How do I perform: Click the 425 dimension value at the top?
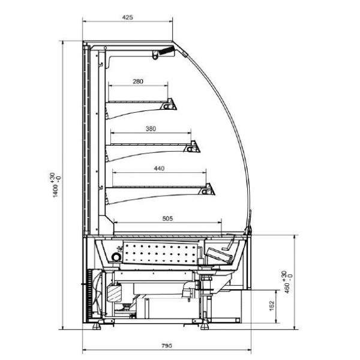tap(127, 17)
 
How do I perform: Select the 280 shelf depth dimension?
tap(138, 82)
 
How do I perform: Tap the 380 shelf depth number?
tap(151, 129)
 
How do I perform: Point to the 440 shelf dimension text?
tap(159, 169)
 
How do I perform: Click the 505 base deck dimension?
tap(167, 218)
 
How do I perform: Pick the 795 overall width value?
tap(166, 346)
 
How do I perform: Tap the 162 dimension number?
tap(272, 306)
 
